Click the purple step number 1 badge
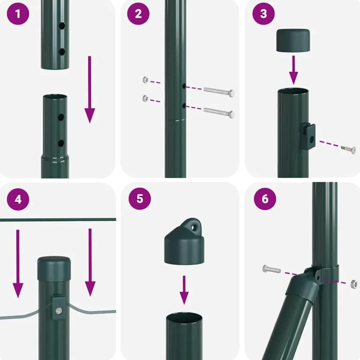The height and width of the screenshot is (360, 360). point(18,14)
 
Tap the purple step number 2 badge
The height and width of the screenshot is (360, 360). point(138,14)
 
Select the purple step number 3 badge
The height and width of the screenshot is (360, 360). point(264,14)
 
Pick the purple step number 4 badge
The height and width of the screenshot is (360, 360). point(18,199)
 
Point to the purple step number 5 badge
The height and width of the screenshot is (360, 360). point(140,199)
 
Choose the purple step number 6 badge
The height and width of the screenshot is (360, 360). point(265,199)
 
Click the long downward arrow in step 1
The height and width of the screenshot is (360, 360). point(90,90)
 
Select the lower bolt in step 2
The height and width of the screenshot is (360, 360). point(219,112)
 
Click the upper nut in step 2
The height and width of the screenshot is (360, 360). point(145,80)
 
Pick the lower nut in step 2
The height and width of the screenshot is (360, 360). point(145,98)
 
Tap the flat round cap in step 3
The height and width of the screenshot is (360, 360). point(293,40)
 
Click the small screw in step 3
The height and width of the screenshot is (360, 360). point(348,149)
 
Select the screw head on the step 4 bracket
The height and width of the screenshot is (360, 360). point(59,311)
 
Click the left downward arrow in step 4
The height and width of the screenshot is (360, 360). point(18,264)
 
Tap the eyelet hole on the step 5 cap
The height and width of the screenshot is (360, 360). point(193,228)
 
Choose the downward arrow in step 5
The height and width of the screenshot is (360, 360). point(184,290)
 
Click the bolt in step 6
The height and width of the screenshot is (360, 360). point(271,269)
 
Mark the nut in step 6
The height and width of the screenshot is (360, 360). point(354,284)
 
